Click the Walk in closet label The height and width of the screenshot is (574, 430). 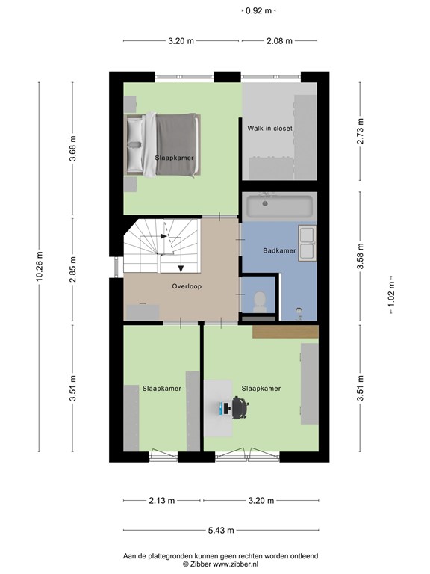pyautogui.click(x=269, y=129)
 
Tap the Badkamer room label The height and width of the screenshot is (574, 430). pyautogui.click(x=280, y=250)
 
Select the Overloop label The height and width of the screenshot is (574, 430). pyautogui.click(x=187, y=286)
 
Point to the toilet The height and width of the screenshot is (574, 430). pyautogui.click(x=260, y=301)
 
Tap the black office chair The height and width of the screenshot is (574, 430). pyautogui.click(x=240, y=408)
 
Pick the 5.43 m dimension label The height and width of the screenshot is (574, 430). pyautogui.click(x=220, y=531)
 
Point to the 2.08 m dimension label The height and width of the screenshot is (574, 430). pyautogui.click(x=279, y=41)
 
